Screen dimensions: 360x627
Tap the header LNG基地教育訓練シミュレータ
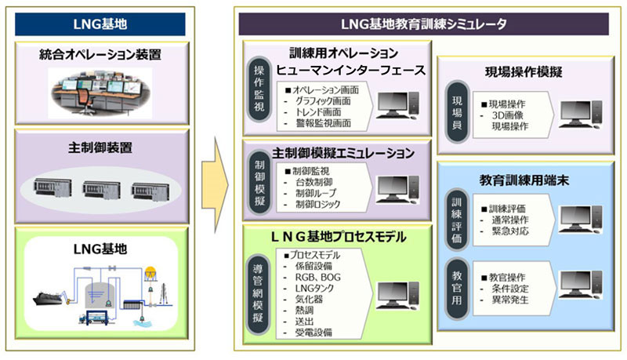pos(424,24)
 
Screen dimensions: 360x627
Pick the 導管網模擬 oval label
pos(258,289)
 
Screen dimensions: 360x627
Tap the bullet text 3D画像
pos(507,115)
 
